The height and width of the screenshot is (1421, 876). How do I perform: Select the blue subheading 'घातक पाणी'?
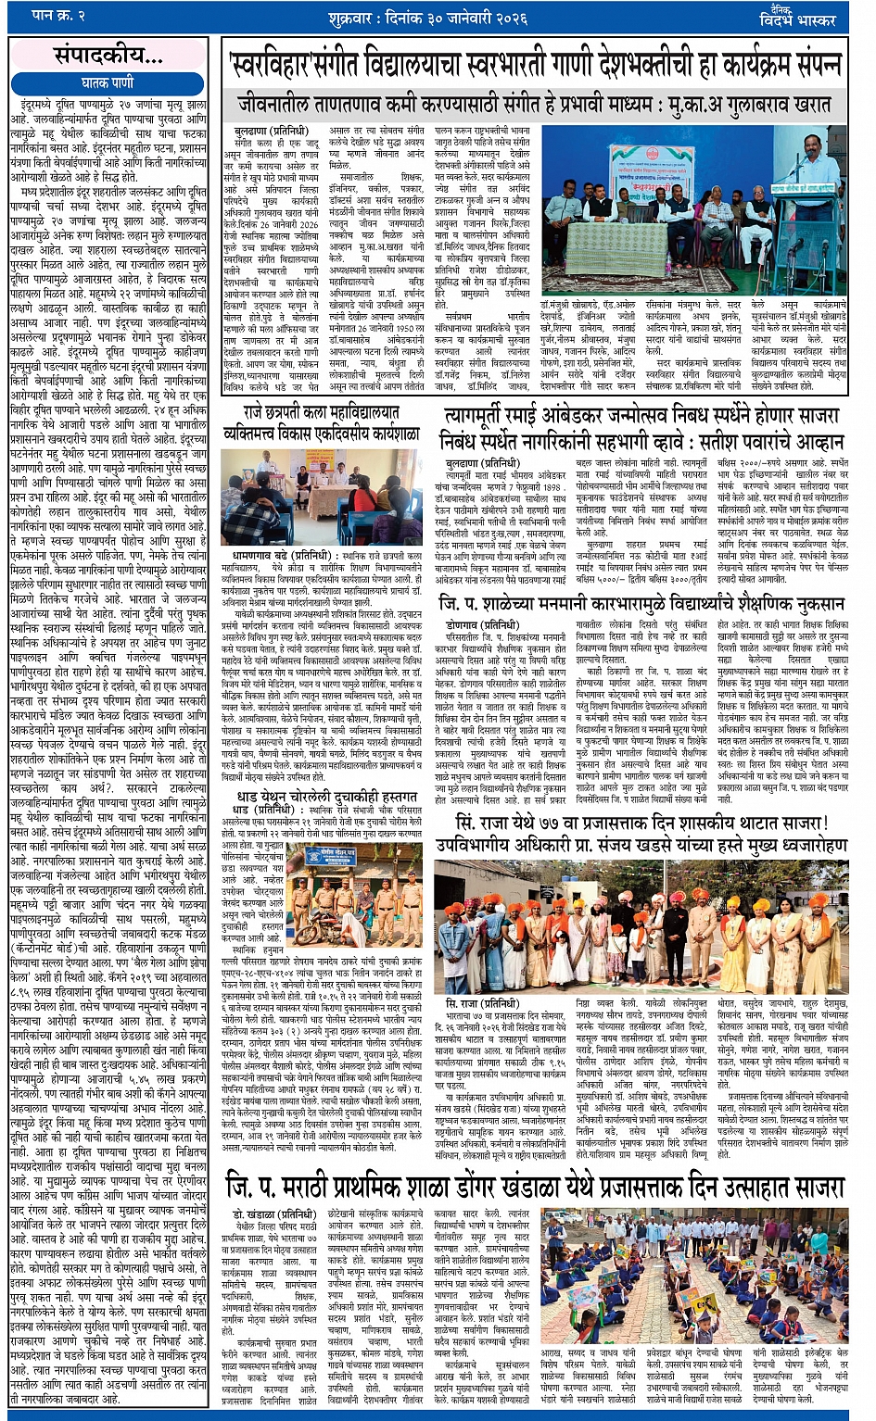tap(108, 83)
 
